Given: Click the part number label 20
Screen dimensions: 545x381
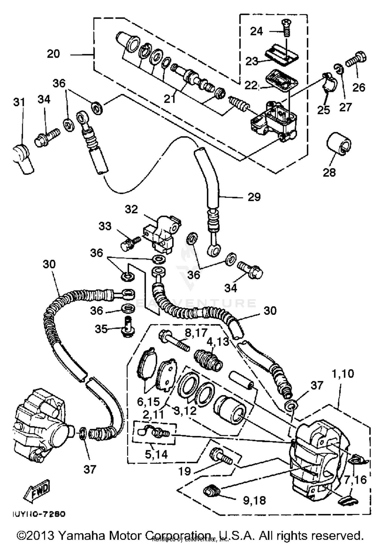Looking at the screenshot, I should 53,54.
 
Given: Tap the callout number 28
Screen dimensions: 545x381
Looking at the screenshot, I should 329,173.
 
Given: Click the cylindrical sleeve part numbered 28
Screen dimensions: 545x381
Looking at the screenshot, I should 339,143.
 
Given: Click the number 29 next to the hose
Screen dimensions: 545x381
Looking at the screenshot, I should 254,197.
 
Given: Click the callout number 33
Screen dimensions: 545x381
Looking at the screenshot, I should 105,226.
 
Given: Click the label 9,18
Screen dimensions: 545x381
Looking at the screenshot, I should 254,501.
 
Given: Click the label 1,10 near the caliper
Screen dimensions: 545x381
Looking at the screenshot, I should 343,374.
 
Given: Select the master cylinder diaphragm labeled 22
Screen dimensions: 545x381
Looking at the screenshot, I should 281,79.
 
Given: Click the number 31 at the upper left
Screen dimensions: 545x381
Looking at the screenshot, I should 19,102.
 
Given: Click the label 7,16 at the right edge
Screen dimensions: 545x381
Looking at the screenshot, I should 355,480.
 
